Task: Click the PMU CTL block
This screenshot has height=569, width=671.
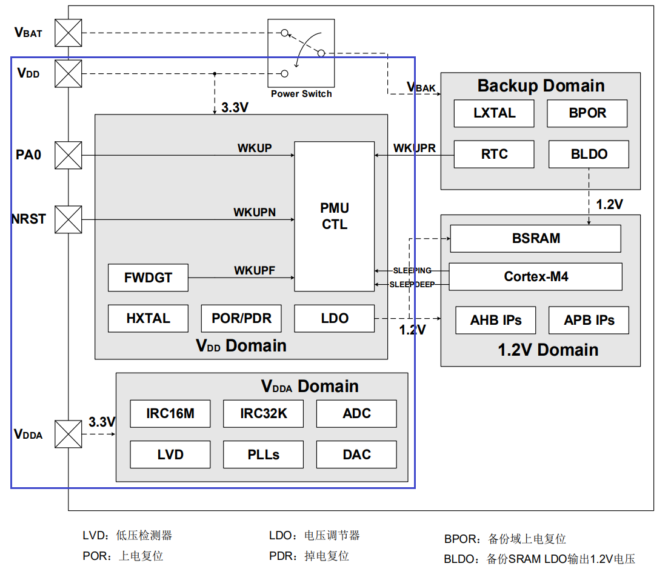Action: (x=335, y=216)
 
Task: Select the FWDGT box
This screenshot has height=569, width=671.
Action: (x=149, y=278)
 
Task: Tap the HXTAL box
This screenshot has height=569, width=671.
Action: (x=149, y=319)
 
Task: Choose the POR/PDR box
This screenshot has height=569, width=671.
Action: (x=241, y=319)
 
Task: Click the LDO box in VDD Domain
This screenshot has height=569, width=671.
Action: (x=335, y=319)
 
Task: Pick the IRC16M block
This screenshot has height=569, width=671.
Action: (x=170, y=414)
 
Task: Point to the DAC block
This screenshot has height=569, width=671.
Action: (x=356, y=454)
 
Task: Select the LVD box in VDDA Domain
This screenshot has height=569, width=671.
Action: (x=170, y=454)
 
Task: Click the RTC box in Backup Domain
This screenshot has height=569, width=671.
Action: (x=494, y=154)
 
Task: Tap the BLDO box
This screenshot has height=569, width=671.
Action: (x=589, y=154)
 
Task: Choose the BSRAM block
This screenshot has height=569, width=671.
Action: (x=536, y=239)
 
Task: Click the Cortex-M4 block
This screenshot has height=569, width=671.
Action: (x=536, y=277)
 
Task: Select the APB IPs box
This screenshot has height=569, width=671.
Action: (x=589, y=320)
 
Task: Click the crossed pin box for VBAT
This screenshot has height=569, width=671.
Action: (x=68, y=33)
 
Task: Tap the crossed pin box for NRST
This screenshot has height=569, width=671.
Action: (x=68, y=219)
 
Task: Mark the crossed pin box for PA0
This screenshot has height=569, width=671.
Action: (x=68, y=155)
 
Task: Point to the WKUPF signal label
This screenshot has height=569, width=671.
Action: (x=255, y=270)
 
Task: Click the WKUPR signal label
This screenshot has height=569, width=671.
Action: (x=415, y=148)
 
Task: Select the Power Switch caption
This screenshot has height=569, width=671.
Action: (x=301, y=94)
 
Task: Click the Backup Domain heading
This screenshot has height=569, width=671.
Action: (x=541, y=85)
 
